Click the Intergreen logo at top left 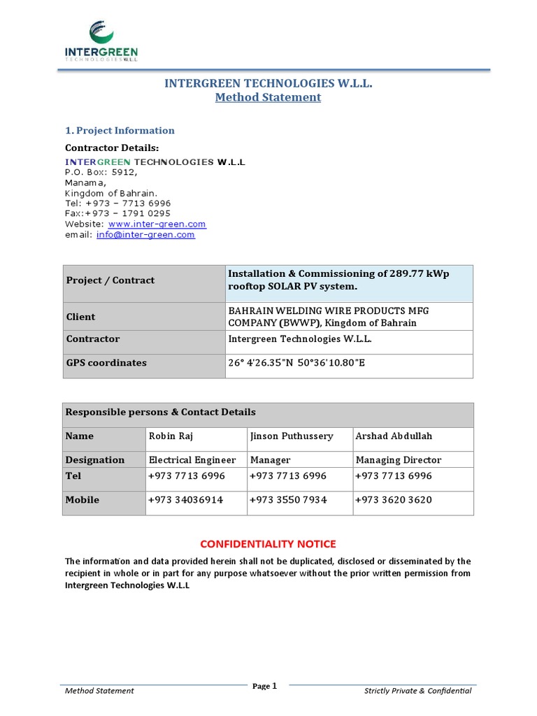101,41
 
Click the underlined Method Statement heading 268,97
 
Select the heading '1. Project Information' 120,130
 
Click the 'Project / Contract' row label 110,280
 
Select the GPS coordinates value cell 296,362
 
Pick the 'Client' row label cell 81,317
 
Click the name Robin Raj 171,436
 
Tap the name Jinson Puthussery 291,436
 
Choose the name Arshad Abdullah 394,436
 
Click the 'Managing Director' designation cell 399,459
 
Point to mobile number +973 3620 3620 394,500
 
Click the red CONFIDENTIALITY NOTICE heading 268,543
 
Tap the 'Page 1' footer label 265,686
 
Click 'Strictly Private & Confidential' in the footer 417,691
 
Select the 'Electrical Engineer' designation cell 192,459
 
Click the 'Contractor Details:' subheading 112,148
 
